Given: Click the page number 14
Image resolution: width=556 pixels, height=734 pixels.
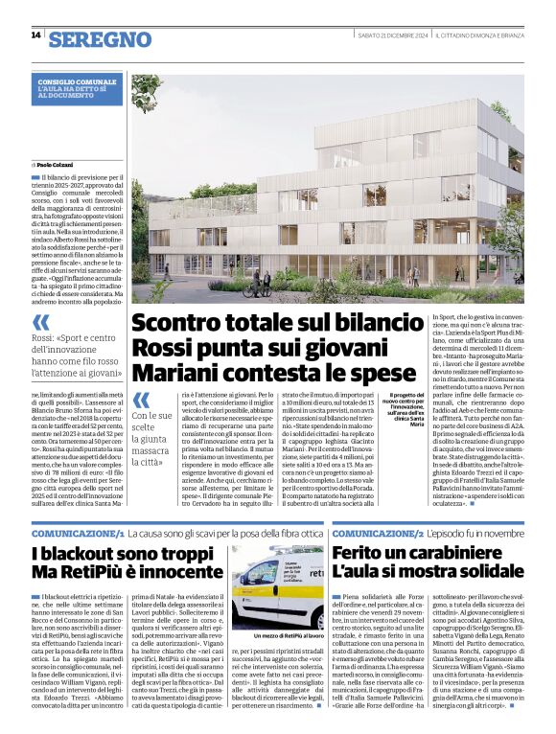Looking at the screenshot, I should [35, 35].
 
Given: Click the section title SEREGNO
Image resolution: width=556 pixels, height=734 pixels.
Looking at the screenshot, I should [100, 39].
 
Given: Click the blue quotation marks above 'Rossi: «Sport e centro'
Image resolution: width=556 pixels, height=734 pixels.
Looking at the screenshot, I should [41, 322].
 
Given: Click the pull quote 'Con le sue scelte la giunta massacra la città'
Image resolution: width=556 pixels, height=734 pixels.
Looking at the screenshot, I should [152, 449].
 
